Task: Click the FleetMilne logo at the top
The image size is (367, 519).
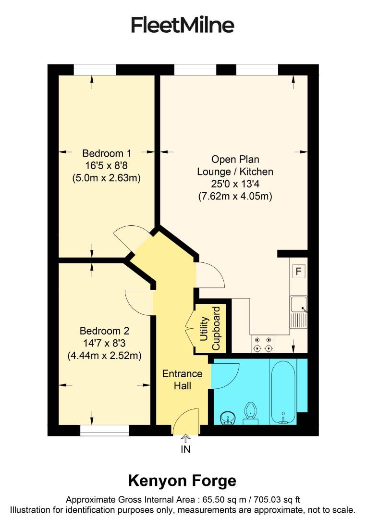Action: click(183, 25)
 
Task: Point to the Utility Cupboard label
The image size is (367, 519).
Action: click(210, 328)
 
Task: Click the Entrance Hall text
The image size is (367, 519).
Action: click(182, 380)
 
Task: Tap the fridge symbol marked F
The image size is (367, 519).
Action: click(298, 272)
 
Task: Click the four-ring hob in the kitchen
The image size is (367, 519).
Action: click(263, 343)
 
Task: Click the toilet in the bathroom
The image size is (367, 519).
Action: click(250, 413)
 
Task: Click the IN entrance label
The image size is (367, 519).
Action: click(185, 450)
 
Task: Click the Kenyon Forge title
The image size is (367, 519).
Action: click(182, 480)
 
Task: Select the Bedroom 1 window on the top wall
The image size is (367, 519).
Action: click(95, 70)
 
